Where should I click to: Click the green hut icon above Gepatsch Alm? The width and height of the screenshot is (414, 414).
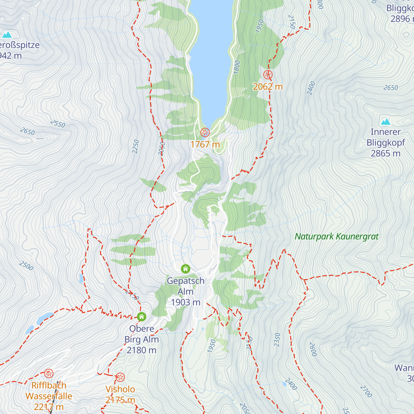tap(186, 268)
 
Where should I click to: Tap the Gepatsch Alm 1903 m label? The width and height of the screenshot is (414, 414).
tap(186, 292)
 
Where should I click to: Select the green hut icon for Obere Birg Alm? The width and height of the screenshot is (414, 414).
tap(141, 316)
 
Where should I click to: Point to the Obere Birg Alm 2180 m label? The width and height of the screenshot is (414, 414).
tap(141, 339)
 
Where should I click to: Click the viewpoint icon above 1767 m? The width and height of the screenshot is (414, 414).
tap(205, 132)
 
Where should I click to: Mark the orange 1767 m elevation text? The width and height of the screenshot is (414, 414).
tap(205, 144)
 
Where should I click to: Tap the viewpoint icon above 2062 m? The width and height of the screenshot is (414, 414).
tap(268, 75)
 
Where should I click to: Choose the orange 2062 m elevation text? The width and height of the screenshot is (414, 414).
tap(268, 87)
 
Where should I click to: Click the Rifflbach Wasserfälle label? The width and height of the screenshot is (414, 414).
tap(49, 396)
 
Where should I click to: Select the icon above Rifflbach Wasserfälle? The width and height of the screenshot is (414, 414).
tap(49, 373)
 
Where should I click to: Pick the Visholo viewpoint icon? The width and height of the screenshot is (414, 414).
tap(120, 377)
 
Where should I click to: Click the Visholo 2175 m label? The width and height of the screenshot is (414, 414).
tap(120, 394)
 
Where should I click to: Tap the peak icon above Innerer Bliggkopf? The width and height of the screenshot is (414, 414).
tap(385, 122)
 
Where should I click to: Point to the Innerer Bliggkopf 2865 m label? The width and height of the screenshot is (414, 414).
tap(385, 142)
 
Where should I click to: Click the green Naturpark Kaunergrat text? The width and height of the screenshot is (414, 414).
tap(337, 236)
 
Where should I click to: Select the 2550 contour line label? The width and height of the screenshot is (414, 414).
tap(57, 124)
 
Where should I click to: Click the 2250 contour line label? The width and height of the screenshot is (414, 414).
tap(135, 147)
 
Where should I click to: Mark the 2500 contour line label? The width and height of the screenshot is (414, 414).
tap(26, 266)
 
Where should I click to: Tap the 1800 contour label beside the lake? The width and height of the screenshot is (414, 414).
tap(236, 67)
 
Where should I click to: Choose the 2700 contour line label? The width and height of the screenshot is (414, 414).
tap(366, 391)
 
